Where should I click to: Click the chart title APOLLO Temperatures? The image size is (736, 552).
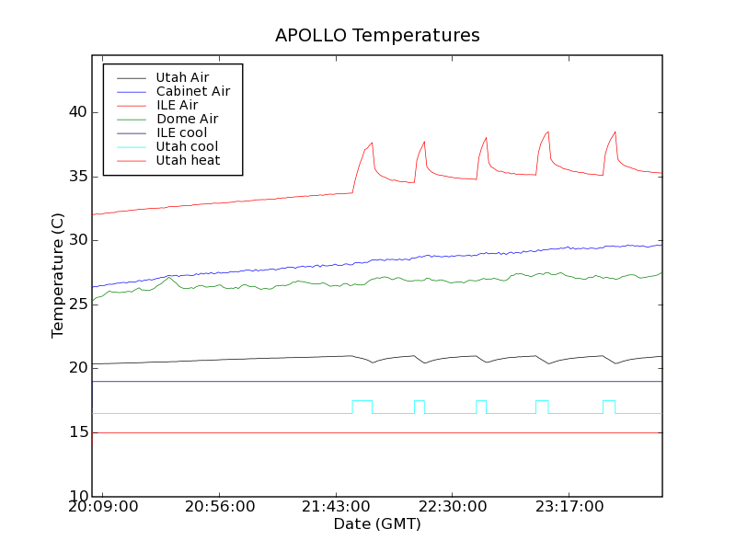(x=377, y=36)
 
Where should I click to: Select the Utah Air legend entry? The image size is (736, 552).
(x=182, y=77)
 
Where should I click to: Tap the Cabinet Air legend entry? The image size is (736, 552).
(x=192, y=91)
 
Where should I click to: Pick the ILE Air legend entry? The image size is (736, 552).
(x=177, y=105)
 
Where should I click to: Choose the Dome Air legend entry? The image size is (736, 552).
(x=187, y=119)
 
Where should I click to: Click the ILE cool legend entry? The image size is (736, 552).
(x=181, y=132)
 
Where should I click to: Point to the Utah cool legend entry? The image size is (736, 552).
(x=187, y=146)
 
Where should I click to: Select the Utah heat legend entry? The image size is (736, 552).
(x=187, y=160)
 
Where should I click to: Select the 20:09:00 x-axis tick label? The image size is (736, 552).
(x=104, y=507)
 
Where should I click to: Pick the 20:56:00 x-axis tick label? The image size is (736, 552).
(x=221, y=507)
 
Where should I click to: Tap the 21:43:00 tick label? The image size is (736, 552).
(x=337, y=507)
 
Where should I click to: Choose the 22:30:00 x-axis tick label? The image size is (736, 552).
(x=454, y=507)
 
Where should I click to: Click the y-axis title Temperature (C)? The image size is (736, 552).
(x=58, y=275)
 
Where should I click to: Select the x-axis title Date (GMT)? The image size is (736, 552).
(x=377, y=524)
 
